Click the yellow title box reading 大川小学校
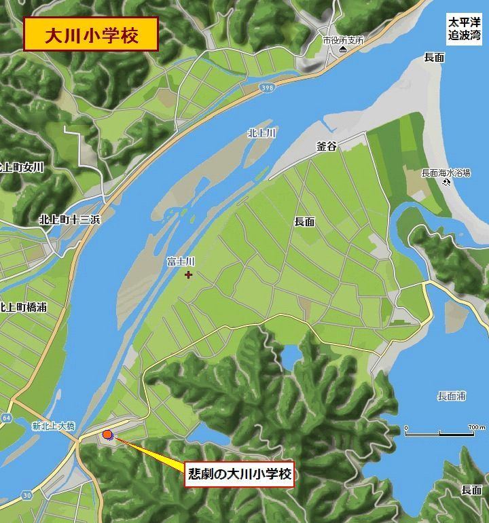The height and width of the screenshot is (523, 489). [91, 35]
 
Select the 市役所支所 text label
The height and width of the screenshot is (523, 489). [343, 40]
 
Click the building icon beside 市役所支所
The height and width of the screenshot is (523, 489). [343, 51]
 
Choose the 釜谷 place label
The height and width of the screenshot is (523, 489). [327, 146]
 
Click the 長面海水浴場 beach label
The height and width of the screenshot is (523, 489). [446, 173]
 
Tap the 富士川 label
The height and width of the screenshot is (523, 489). [181, 261]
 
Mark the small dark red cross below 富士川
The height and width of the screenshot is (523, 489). [188, 274]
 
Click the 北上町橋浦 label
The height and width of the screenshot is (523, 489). [24, 307]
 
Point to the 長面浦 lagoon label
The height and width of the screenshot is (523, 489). [452, 396]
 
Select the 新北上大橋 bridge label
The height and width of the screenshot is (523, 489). [54, 427]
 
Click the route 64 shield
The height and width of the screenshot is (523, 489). [5, 416]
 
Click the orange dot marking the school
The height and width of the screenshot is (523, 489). [107, 435]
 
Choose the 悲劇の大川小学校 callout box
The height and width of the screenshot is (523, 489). [239, 474]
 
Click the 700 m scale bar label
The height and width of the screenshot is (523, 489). [476, 427]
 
